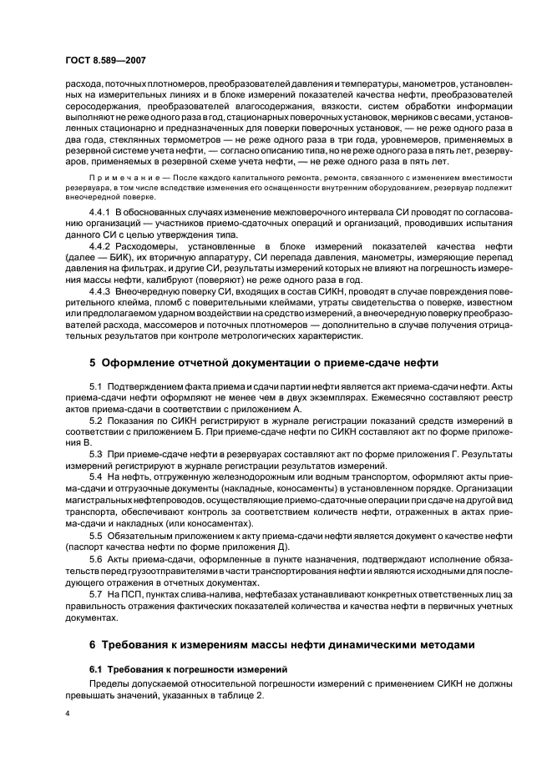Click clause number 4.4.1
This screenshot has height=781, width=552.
pos(102,214)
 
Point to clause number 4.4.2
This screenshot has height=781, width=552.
pos(102,246)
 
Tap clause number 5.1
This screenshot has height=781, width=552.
pos(95,388)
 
